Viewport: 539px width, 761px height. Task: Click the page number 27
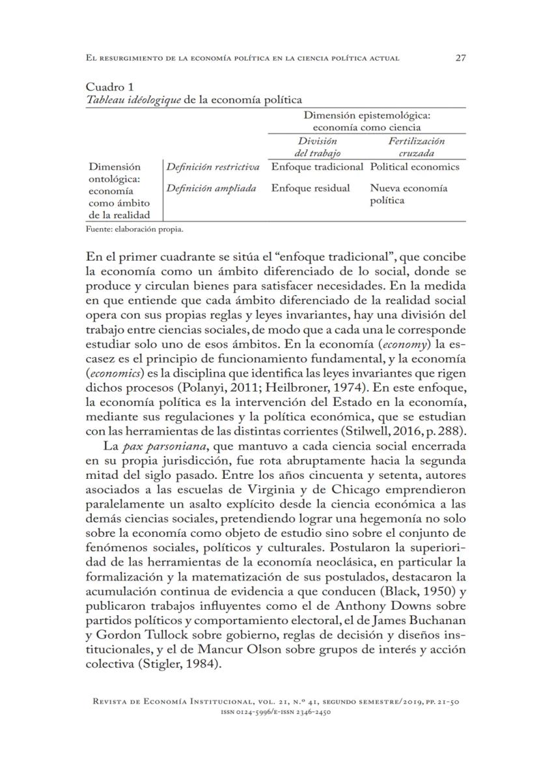click(460, 58)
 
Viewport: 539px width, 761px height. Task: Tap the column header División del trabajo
click(318, 147)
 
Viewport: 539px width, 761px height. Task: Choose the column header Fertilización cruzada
click(417, 147)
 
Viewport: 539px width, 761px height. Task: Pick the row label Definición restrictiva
click(213, 167)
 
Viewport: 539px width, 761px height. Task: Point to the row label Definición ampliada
click(210, 188)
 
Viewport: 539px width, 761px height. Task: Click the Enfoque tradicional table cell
click(317, 167)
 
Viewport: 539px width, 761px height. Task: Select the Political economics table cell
click(415, 167)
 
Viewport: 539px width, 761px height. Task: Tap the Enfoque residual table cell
click(311, 188)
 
